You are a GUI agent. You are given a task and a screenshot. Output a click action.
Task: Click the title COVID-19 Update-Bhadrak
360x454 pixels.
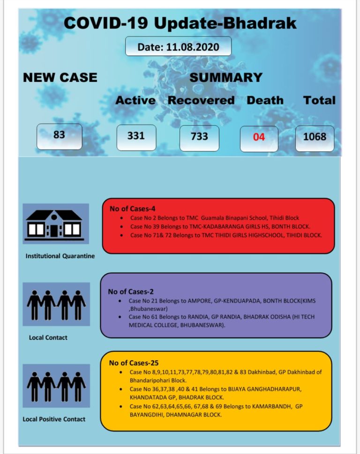pyautogui.click(x=180, y=23)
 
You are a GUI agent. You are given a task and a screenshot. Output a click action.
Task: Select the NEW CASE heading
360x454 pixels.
pyautogui.click(x=60, y=77)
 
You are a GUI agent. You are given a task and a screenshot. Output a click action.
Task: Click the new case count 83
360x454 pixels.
pyautogui.click(x=59, y=135)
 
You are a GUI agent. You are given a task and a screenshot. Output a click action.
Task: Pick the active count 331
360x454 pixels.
pyautogui.click(x=136, y=136)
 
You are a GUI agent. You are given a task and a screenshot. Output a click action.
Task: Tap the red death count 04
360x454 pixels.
pyautogui.click(x=259, y=138)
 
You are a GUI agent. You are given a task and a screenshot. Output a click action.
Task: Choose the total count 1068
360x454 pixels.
pyautogui.click(x=315, y=138)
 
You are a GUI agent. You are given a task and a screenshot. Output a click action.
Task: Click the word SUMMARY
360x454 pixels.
pyautogui.click(x=225, y=77)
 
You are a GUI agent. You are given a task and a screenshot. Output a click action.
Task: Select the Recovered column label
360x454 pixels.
pyautogui.click(x=201, y=100)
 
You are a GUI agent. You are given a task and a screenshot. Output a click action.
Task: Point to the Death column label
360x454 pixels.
pyautogui.click(x=265, y=100)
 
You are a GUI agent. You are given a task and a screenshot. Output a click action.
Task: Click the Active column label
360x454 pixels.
pyautogui.click(x=135, y=100)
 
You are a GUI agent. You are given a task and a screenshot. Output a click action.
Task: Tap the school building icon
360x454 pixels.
pyautogui.click(x=56, y=223)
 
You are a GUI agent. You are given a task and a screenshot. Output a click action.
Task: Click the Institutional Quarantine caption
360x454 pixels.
pyautogui.click(x=60, y=256)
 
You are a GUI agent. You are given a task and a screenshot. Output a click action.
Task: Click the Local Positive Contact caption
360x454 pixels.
pyautogui.click(x=54, y=419)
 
